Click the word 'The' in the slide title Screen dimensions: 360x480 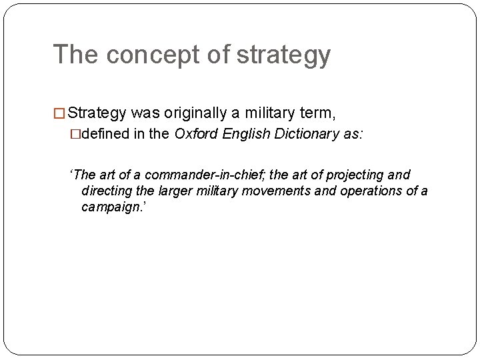pyautogui.click(x=76, y=55)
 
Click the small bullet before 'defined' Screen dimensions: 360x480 pyautogui.click(x=85, y=133)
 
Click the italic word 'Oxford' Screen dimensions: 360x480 pyautogui.click(x=195, y=133)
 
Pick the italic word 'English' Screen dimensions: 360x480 pyautogui.click(x=244, y=133)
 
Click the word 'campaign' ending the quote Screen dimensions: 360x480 pyautogui.click(x=109, y=207)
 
